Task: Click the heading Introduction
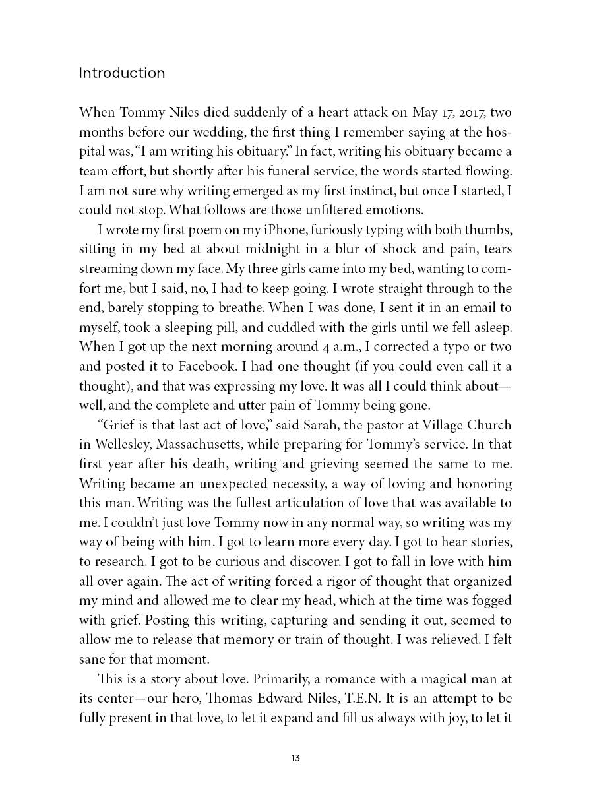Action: pyautogui.click(x=122, y=73)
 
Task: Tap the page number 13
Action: pyautogui.click(x=295, y=758)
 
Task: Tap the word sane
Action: pyautogui.click(x=91, y=659)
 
